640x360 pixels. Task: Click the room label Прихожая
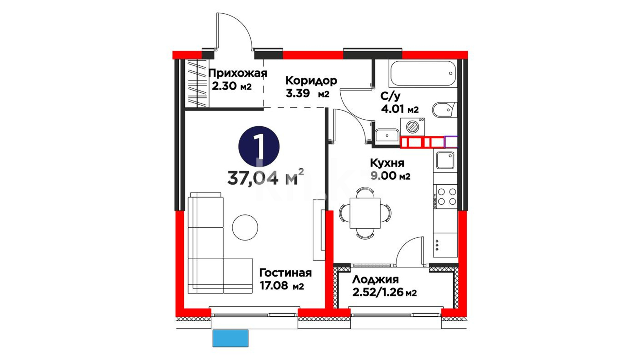tap(238, 73)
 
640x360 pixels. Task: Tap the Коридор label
tap(311, 81)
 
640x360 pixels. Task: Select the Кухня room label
tap(387, 163)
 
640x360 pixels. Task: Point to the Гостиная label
tap(286, 273)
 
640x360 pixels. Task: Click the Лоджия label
tap(375, 279)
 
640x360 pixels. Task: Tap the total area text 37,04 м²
tap(266, 178)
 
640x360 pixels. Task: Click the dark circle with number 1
tap(259, 147)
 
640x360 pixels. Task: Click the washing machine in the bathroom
tap(413, 127)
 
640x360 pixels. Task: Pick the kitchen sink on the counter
tap(445, 161)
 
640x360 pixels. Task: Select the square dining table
tap(365, 213)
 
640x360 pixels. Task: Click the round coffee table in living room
tap(245, 227)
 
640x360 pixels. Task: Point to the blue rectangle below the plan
tap(230, 338)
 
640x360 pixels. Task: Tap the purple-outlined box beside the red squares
tap(451, 142)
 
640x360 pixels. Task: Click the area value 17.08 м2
tap(282, 286)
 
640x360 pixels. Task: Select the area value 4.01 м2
tap(400, 109)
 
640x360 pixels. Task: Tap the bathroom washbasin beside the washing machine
tap(387, 135)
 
